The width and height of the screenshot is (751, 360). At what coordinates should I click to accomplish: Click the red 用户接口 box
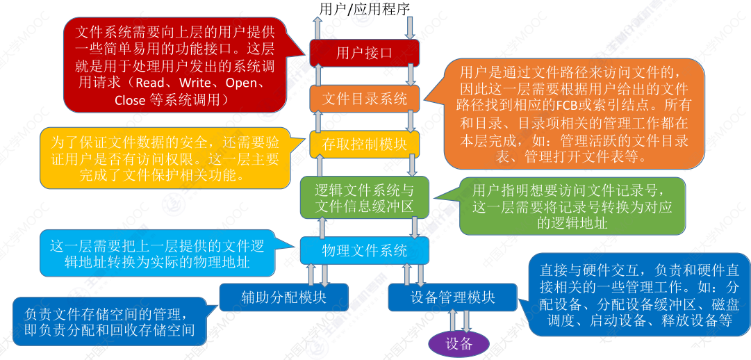click(364, 54)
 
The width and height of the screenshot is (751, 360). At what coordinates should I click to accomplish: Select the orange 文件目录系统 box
click(364, 99)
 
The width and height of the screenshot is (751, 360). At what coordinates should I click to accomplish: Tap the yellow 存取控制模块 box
click(364, 144)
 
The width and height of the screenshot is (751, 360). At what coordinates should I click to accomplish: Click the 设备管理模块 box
click(452, 297)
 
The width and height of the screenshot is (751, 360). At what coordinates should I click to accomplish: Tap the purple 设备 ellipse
click(459, 343)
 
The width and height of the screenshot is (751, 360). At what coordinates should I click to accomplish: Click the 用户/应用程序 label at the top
click(364, 9)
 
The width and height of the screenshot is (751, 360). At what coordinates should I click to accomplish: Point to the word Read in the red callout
click(151, 83)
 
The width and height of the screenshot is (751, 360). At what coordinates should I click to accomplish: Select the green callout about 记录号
click(572, 206)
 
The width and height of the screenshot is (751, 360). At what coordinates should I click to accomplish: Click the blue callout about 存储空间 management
click(110, 322)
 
